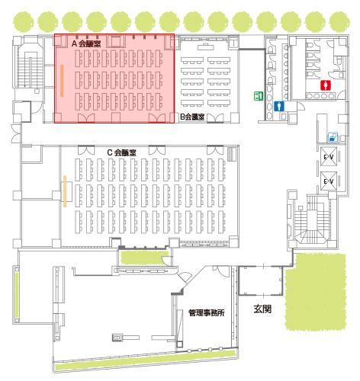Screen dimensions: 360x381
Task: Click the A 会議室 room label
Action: (x=86, y=43)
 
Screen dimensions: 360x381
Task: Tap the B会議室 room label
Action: (x=192, y=117)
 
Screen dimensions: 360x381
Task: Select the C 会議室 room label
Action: (x=121, y=152)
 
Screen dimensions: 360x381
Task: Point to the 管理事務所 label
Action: (x=207, y=312)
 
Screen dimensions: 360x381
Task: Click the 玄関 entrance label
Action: (x=262, y=309)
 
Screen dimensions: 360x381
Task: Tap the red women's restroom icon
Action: (x=326, y=85)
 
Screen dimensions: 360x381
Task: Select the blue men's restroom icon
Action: (x=279, y=106)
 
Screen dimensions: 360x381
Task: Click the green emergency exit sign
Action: (x=259, y=96)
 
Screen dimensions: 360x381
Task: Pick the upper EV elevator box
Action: (x=329, y=156)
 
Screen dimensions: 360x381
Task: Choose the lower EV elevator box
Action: (x=329, y=181)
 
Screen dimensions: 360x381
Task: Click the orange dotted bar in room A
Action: (x=62, y=81)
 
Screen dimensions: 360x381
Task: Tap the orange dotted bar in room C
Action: (x=65, y=191)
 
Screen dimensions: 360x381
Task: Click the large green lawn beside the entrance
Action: (x=316, y=292)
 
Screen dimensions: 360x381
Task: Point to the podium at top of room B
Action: (x=205, y=46)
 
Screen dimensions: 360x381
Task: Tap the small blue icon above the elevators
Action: (x=333, y=137)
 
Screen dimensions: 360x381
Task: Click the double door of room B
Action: (x=216, y=118)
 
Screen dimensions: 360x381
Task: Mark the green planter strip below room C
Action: (x=144, y=258)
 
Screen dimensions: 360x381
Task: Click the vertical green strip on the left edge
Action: (x=17, y=295)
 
